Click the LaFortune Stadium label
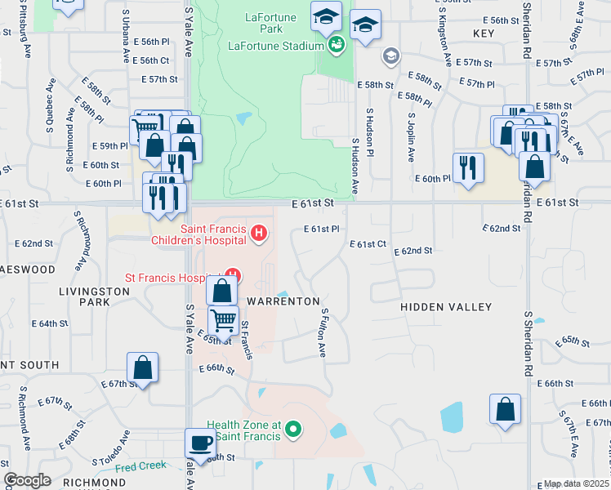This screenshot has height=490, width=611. click(x=276, y=46)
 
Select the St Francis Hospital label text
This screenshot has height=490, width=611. click(x=174, y=278)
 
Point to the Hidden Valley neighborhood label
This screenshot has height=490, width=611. click(x=446, y=307)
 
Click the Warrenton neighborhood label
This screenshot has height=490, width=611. click(x=283, y=301)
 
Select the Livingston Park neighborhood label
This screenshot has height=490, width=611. click(x=83, y=296)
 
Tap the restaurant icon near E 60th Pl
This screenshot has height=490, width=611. click(x=466, y=167)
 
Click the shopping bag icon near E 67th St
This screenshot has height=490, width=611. click(x=143, y=367)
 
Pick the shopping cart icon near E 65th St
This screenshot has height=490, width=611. click(x=222, y=319)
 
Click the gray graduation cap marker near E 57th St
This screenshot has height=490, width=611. click(x=391, y=56)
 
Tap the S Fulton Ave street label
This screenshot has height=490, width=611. click(x=323, y=332)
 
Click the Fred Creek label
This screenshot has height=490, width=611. click(x=140, y=467)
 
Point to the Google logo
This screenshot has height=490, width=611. click(x=28, y=480)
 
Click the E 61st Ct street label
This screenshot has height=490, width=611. click(x=368, y=244)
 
